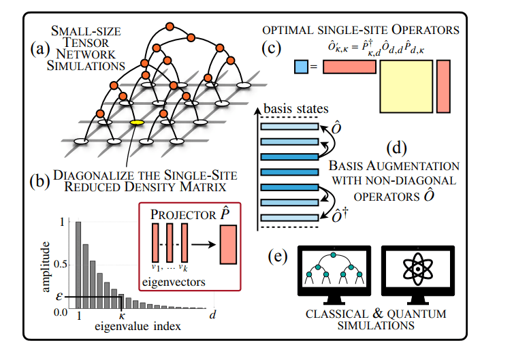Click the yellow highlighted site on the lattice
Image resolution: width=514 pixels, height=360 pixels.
tap(136, 123)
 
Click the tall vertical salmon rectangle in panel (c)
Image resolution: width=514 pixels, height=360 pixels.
tap(443, 85)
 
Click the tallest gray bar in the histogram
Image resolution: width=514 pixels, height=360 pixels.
tap(78, 265)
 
